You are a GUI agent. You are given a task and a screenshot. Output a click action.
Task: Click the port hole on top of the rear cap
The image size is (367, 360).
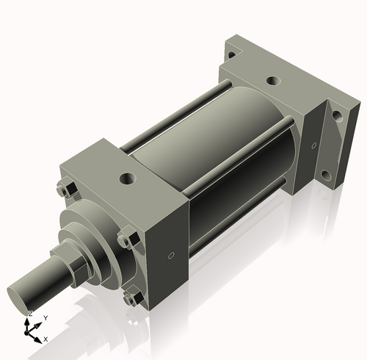(273, 81)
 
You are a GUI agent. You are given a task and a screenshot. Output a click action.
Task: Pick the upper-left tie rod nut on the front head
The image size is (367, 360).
(64, 190)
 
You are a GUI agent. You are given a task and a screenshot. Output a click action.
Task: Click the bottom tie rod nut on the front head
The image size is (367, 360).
(133, 299)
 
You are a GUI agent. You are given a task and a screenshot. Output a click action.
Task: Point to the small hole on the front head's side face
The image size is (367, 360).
(171, 256)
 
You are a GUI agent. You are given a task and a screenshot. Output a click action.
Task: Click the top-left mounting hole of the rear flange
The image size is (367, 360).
(231, 54)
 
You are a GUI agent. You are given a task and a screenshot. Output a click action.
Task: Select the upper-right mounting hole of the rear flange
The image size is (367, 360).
(337, 116)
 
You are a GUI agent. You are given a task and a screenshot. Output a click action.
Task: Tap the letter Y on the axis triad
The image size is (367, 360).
(46, 317)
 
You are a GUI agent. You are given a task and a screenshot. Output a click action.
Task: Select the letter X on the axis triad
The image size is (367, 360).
(46, 339)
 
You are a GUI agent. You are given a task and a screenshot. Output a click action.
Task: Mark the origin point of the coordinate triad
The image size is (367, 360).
(30, 331)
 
